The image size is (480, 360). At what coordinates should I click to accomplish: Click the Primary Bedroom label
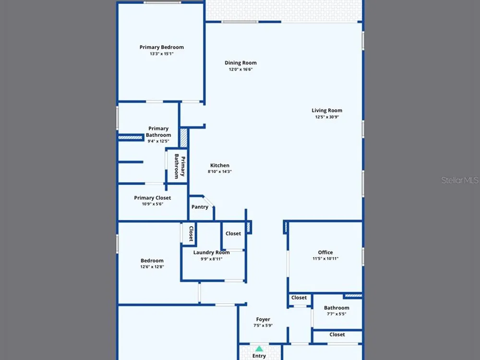coord(162,47)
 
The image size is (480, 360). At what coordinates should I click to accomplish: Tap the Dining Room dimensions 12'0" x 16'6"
coord(240,70)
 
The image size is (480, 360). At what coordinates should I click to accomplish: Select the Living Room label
coord(327,110)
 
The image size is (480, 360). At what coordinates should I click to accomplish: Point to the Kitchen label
coord(220,165)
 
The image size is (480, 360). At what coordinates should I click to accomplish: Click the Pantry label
coord(200,207)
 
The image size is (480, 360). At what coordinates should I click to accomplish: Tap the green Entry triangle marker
coord(259,348)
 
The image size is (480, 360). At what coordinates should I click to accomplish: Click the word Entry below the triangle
coord(259,356)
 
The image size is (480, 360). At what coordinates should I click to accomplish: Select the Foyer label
coord(263,319)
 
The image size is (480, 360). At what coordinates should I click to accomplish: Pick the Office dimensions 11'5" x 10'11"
coord(325,259)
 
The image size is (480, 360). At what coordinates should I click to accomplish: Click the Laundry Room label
coord(212,252)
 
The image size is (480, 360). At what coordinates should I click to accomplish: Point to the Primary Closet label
coord(153,198)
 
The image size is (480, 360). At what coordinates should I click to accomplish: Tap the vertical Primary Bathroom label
coord(180,166)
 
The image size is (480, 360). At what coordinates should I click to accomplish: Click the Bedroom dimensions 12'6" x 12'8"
coord(152,267)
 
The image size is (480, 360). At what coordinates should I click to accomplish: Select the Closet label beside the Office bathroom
coord(299,298)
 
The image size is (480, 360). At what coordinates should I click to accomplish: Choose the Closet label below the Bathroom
coord(337,335)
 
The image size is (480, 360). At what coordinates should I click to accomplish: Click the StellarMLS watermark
coord(460,180)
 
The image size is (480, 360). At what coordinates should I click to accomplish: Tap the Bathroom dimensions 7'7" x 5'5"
coord(336,314)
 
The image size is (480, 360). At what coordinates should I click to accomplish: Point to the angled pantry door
coord(208,201)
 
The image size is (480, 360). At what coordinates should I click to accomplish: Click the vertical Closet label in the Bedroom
coord(192,234)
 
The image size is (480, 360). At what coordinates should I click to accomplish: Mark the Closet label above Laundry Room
coord(233,234)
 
